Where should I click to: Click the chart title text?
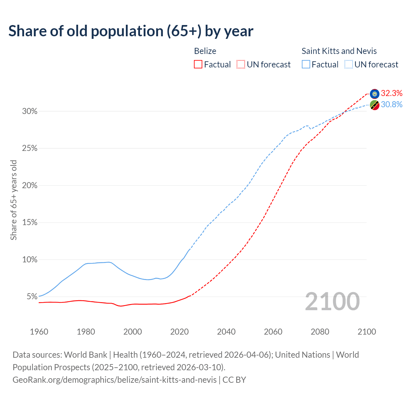point(131,31)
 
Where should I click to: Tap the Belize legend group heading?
point(205,51)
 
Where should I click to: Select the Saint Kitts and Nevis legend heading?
point(339,51)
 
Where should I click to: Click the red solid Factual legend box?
point(198,65)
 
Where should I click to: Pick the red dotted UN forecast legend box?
point(241,65)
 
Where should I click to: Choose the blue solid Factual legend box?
point(306,65)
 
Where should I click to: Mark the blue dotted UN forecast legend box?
point(348,65)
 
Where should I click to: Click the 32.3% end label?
point(391,93)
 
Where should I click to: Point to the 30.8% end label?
point(391,104)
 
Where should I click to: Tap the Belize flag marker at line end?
point(374,94)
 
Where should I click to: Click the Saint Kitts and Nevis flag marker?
point(374,105)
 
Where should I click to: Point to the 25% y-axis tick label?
point(30,148)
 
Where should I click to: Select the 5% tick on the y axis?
point(31,297)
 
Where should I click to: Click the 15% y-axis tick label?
point(30,223)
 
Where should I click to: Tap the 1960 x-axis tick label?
point(39,332)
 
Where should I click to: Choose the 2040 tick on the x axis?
point(226,332)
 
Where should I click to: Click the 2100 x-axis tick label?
point(366,332)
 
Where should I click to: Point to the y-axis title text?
point(13,200)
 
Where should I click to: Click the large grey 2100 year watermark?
point(332,302)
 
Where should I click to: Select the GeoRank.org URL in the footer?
point(114,380)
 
